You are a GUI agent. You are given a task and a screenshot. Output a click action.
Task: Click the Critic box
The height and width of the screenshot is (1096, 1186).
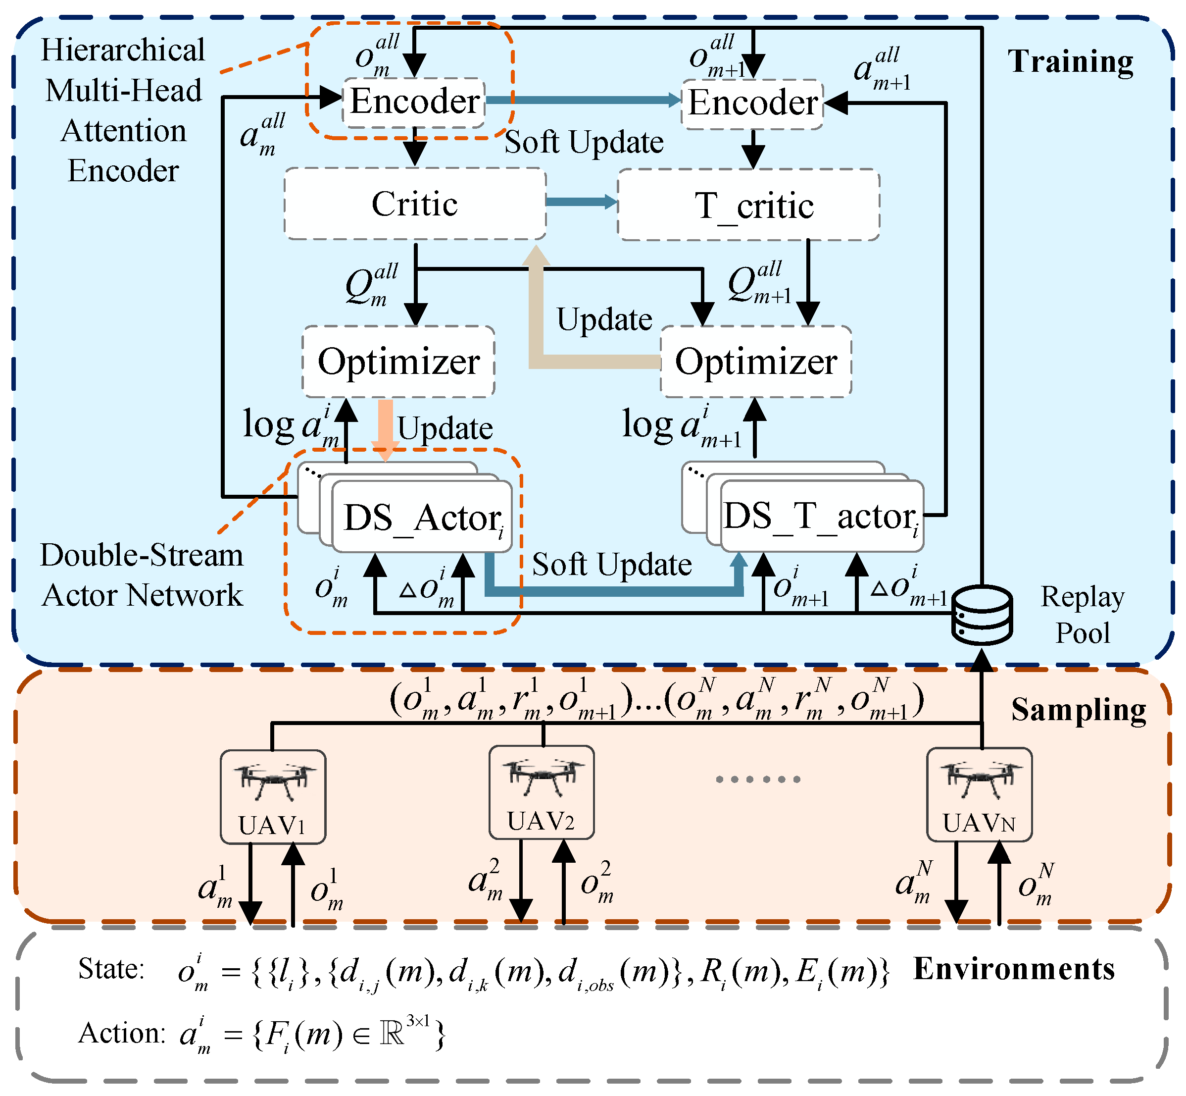tap(414, 204)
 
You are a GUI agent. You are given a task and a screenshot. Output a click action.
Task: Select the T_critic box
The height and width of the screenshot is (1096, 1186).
tap(748, 205)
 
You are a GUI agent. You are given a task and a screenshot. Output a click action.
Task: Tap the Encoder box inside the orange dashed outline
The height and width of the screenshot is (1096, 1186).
tap(414, 102)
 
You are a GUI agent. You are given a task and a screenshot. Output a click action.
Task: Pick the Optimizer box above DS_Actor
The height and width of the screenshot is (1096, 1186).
tap(398, 361)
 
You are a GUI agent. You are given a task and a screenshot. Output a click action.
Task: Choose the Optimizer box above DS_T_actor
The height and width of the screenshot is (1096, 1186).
tap(756, 361)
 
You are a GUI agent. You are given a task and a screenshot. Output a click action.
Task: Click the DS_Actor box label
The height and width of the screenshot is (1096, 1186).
tap(422, 517)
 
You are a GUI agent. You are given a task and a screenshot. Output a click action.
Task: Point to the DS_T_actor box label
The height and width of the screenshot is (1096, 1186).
tap(821, 516)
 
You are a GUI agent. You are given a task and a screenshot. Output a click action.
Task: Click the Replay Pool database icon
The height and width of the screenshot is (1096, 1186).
tap(982, 615)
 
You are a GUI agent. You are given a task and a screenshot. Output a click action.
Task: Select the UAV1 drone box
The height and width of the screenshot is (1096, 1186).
tap(273, 796)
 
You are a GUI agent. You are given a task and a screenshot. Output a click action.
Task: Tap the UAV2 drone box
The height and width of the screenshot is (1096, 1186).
tap(541, 792)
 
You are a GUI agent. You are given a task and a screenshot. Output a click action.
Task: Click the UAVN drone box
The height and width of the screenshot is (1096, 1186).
tap(979, 794)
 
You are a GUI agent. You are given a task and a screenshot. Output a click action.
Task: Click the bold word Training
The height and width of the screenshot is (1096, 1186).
tap(1071, 62)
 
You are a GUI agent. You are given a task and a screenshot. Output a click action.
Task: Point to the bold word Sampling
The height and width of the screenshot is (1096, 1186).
tap(1078, 709)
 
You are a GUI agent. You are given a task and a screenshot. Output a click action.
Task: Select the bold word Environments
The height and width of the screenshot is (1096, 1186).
tap(1014, 969)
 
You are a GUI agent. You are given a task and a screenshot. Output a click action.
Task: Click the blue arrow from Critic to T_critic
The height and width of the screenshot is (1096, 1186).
tap(581, 202)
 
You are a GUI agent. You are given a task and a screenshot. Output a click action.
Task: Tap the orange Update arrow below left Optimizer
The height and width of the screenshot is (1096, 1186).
tap(385, 428)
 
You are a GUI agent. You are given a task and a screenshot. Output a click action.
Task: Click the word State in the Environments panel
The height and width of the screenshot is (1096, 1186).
tap(111, 969)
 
